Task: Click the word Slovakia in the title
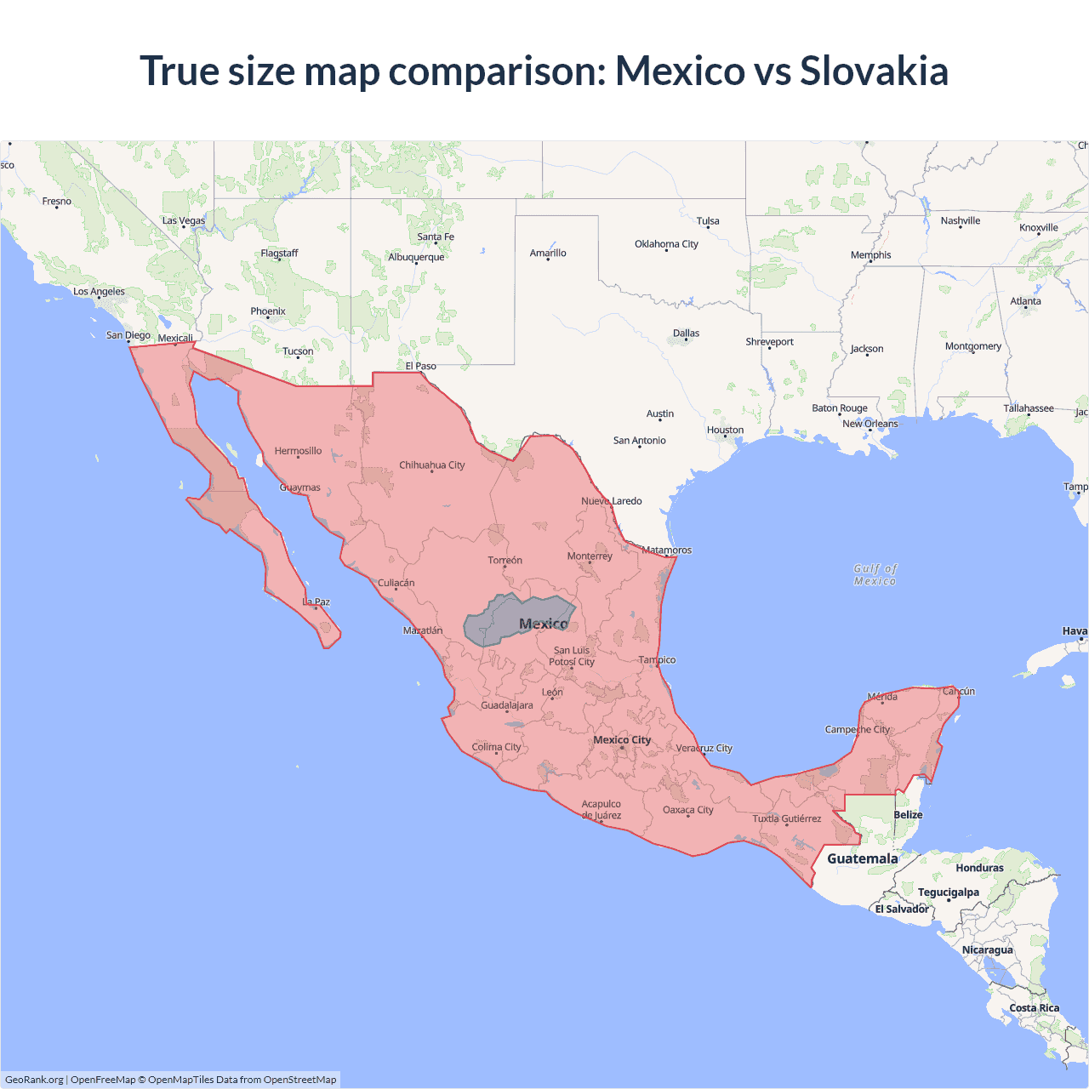click(874, 71)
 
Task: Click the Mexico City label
click(622, 740)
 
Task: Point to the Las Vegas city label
click(184, 221)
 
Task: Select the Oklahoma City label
click(666, 244)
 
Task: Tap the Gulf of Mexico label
click(875, 575)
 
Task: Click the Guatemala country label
click(862, 858)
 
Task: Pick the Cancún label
click(959, 692)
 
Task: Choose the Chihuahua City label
click(432, 465)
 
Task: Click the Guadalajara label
click(507, 705)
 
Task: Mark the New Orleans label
click(869, 424)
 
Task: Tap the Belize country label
click(908, 815)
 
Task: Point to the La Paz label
click(316, 602)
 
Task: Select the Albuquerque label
click(416, 258)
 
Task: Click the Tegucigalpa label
click(948, 892)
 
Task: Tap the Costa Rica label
click(1034, 1008)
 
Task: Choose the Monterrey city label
click(590, 556)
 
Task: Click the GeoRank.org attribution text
click(34, 1080)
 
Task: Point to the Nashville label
click(961, 221)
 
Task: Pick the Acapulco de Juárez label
click(602, 809)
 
